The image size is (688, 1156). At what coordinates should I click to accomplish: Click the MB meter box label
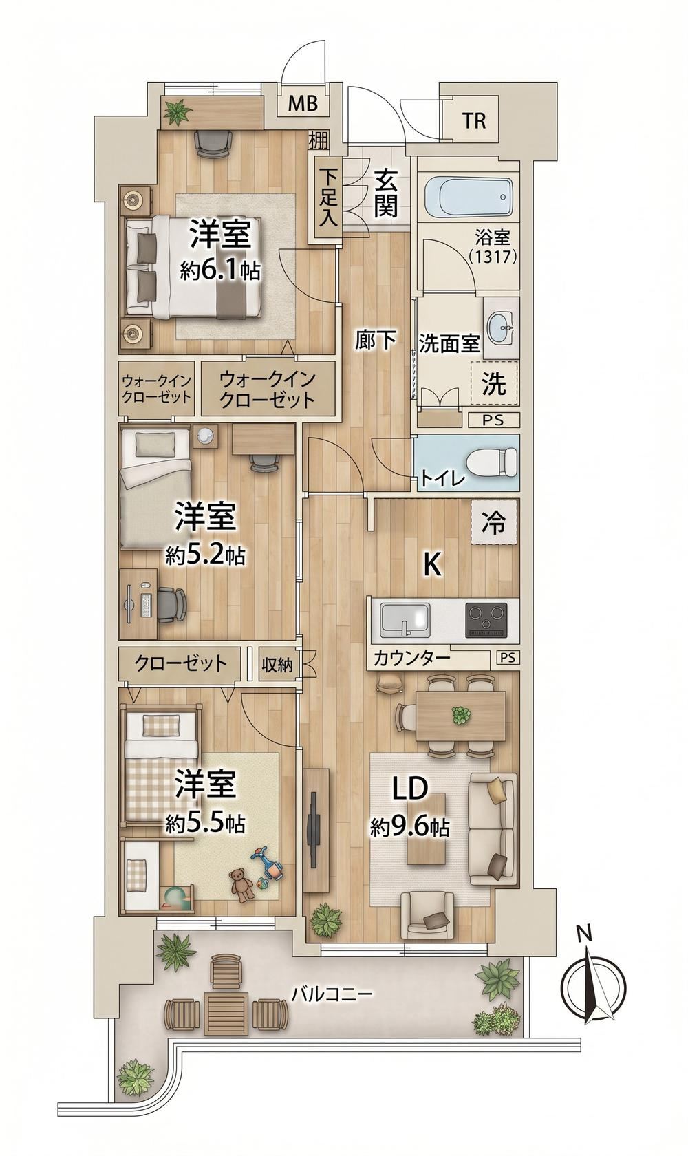[x=303, y=105]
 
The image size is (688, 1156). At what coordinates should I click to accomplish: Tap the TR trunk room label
[x=474, y=121]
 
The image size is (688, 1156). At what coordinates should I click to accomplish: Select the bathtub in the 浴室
[x=468, y=197]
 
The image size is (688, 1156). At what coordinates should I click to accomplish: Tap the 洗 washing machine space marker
[x=494, y=385]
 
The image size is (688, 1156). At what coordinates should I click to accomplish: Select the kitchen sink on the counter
[x=405, y=620]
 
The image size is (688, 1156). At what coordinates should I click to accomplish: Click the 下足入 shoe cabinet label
[x=327, y=198]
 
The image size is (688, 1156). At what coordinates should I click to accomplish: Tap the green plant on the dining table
[x=460, y=716]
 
